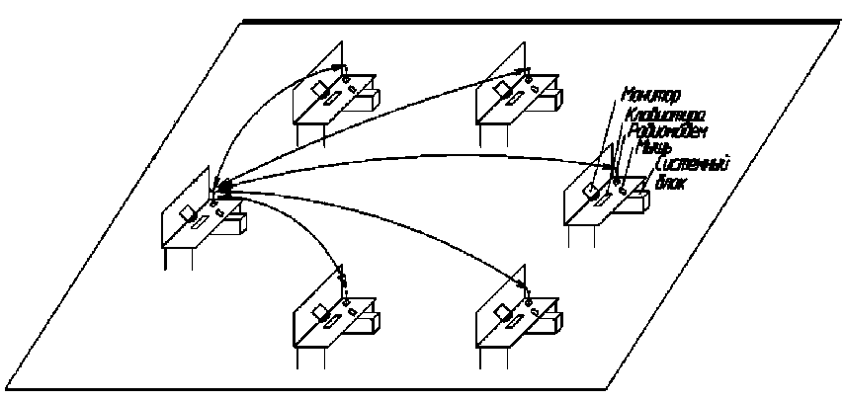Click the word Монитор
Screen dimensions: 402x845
[x=649, y=97]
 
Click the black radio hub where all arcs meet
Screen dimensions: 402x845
[x=224, y=185]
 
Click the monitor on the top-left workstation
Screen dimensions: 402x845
[x=321, y=90]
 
